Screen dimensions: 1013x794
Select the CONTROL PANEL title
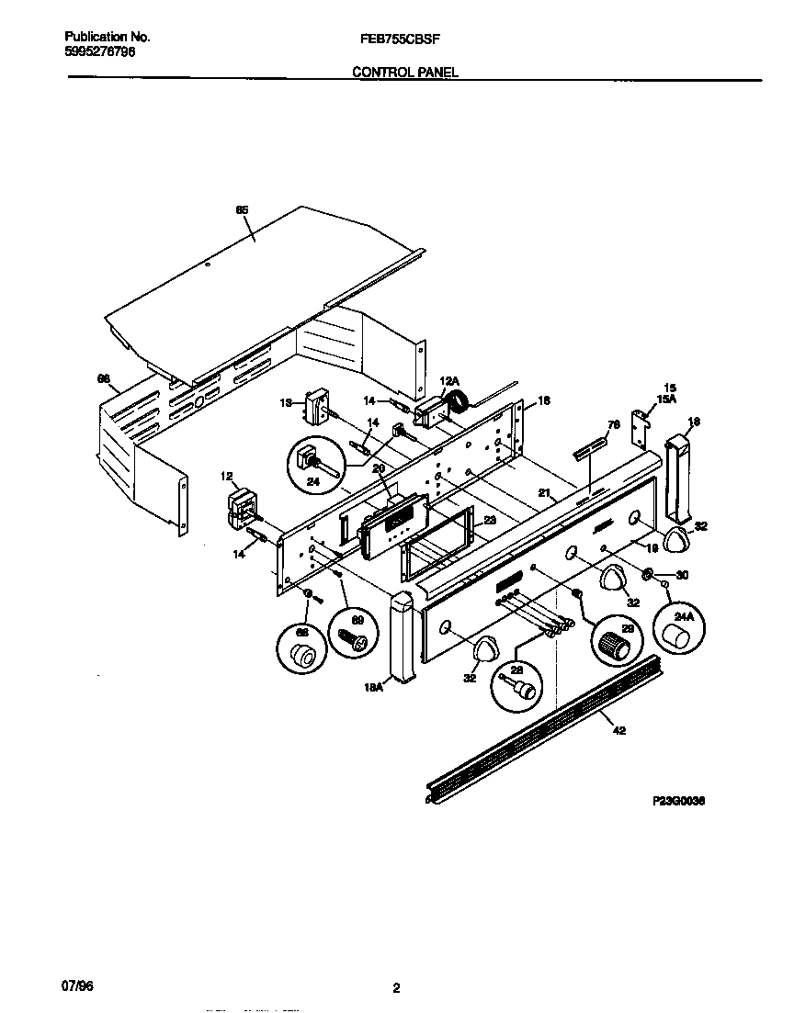[405, 72]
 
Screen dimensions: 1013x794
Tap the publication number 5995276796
[100, 52]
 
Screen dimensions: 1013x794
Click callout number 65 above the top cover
[242, 210]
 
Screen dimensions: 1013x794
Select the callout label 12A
[448, 380]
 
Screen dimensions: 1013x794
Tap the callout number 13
[285, 402]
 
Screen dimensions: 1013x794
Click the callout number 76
[614, 424]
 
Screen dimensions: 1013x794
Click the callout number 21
[544, 493]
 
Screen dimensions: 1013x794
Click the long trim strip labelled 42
[542, 726]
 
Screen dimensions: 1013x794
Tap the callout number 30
[681, 576]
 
